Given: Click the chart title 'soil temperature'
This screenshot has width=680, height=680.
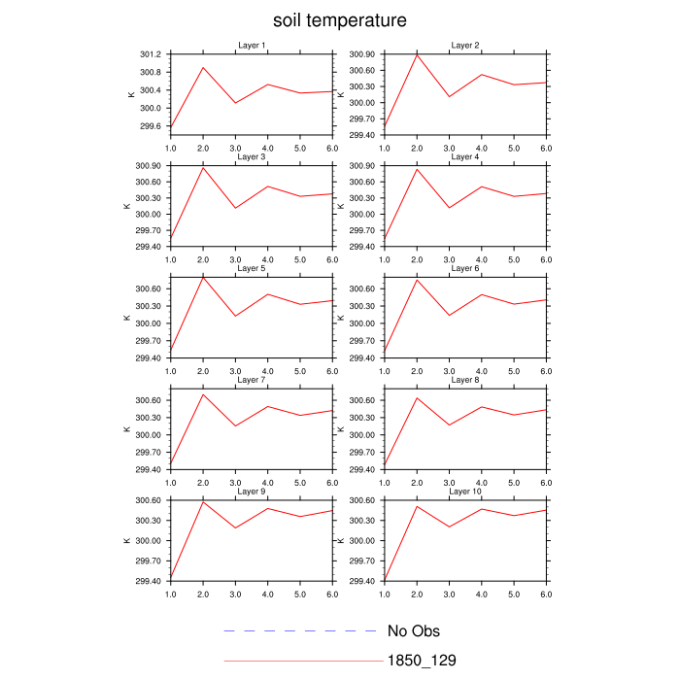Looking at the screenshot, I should coord(339,20).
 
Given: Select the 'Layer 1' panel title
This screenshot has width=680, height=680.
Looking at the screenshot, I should coord(252,46).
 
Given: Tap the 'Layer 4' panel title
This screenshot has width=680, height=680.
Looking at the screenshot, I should coord(464,156).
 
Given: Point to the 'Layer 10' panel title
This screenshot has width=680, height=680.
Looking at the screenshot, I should coord(464,492).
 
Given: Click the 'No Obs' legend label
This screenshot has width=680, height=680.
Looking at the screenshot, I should coord(414,631).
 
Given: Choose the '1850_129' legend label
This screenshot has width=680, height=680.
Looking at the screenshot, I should coord(422,661).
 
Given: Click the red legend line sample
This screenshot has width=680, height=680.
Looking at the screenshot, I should coord(303,661).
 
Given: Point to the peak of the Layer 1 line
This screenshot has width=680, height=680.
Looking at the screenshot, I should coord(203,67).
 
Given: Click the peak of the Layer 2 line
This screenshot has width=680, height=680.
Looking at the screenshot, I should coord(417,54).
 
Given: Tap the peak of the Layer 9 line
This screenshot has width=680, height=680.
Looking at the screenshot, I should coord(203,501).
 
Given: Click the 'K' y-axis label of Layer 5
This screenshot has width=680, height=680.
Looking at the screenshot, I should coord(126,318).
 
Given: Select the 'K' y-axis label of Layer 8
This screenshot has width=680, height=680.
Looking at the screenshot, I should coord(340,428).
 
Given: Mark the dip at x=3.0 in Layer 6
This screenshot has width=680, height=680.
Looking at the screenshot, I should coord(449,316).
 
